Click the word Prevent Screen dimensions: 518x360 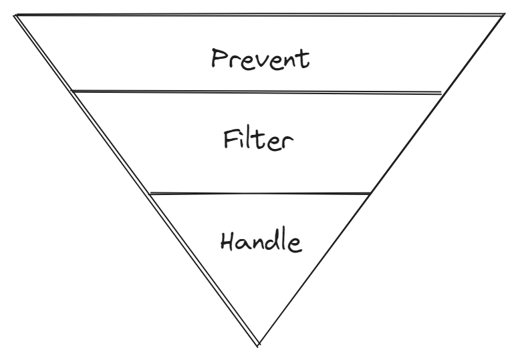pos(260,59)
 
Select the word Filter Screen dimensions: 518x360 pos(259,140)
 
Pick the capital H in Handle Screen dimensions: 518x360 pos(228,240)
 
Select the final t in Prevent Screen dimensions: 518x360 pos(303,59)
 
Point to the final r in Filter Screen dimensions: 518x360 pos(287,143)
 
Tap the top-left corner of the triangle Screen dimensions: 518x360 pos(15,15)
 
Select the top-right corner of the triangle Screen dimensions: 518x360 pos(505,14)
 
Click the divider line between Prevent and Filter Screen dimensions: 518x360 pos(257,92)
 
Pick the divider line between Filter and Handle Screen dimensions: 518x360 pos(260,194)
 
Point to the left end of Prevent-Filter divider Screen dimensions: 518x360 pos(72,90)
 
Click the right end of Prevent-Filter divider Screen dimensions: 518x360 pos(442,93)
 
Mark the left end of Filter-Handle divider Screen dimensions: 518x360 pos(150,194)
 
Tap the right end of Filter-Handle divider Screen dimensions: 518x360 pos(370,194)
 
